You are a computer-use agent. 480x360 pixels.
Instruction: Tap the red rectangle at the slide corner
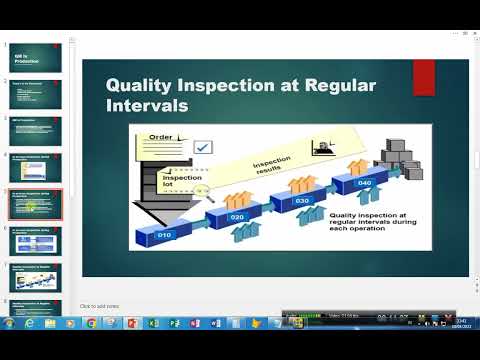[423, 77]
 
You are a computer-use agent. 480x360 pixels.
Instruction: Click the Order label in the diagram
[162, 136]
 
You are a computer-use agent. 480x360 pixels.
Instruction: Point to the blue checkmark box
[203, 147]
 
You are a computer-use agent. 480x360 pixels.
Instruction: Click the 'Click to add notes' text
[102, 306]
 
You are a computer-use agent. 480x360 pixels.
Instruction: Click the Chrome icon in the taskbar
[92, 324]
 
